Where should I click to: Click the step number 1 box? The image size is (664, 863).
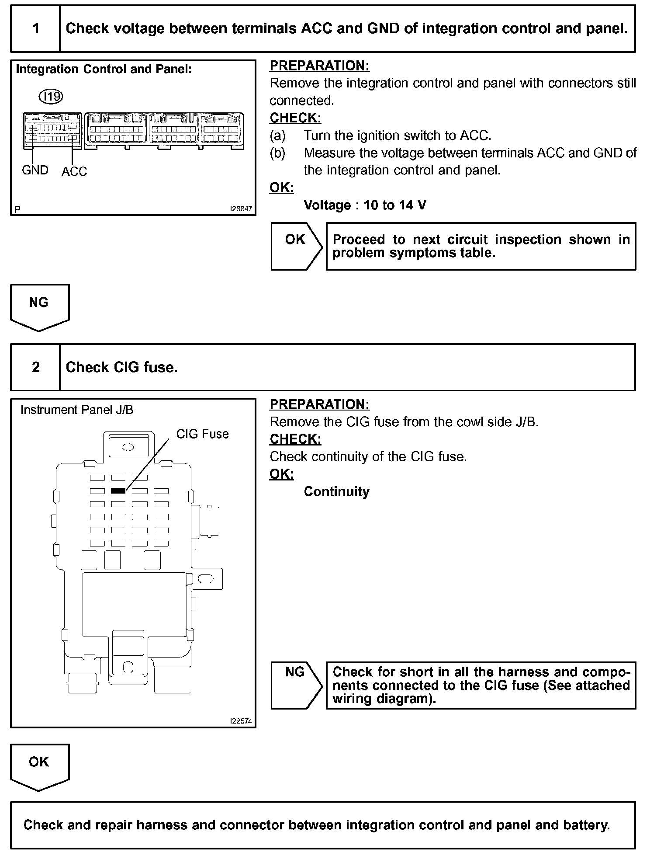coord(35,29)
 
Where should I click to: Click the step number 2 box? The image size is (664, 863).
coord(35,367)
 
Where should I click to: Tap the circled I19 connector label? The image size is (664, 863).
coord(51,96)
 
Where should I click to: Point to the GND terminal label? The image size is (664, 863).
coord(35,170)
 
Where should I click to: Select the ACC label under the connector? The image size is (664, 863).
coord(74,172)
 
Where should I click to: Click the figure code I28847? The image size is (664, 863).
coord(241,209)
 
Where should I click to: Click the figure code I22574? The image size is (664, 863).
coord(241,721)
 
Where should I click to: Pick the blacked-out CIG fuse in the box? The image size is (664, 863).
coord(118,491)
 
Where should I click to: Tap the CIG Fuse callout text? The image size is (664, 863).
coord(202,434)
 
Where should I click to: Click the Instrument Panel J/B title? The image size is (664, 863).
coord(77,410)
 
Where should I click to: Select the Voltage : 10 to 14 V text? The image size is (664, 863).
coord(365,205)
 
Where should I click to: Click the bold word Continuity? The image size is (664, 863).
coord(336,492)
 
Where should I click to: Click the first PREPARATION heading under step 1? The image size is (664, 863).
coord(319,66)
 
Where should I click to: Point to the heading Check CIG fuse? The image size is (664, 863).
coord(121,367)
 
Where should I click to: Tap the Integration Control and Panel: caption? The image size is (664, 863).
coord(104,70)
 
